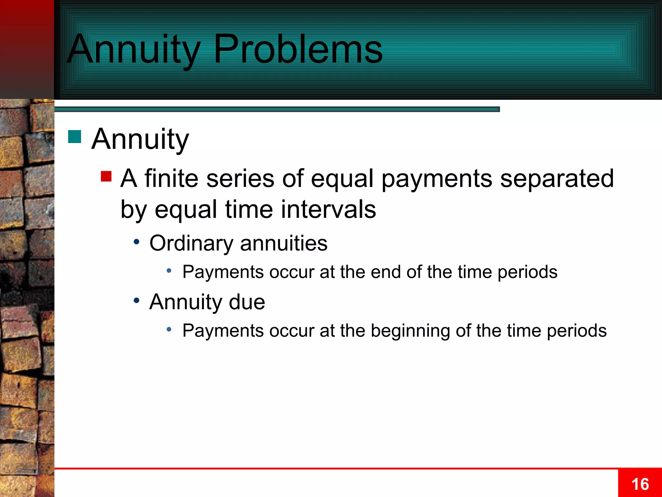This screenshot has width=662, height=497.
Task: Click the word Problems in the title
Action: pos(298,49)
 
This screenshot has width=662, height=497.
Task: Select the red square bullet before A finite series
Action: pos(106,177)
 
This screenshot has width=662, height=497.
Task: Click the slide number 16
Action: pos(640,484)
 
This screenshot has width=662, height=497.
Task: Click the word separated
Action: pos(557,179)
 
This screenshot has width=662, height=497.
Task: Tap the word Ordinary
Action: pos(191,243)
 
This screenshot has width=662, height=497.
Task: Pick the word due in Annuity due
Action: pos(247,302)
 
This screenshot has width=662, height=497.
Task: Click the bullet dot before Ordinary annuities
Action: pos(137,242)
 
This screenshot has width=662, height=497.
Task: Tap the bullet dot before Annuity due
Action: pos(137,301)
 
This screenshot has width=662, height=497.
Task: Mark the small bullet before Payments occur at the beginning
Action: pos(169,329)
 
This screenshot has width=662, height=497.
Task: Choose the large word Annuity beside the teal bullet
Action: pos(140,139)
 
